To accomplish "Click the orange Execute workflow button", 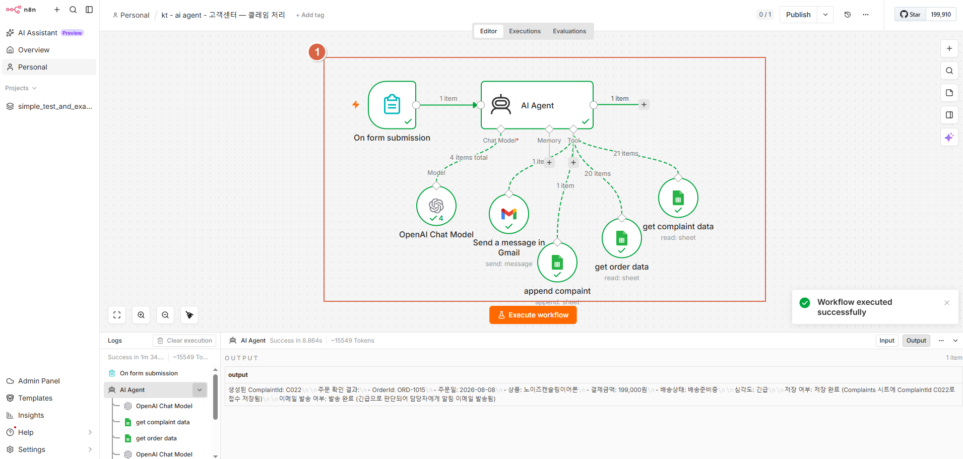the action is point(533,315).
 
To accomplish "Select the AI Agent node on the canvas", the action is point(537,105).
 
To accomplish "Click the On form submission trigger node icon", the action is point(392,105).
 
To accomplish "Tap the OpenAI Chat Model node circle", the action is point(436,206).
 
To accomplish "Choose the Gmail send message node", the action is point(509,214).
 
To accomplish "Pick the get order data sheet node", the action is point(622,238).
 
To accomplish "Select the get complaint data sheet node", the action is point(678,198).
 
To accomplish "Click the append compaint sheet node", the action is point(557,263).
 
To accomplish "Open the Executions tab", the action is point(525,31).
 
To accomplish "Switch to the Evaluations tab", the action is point(569,31).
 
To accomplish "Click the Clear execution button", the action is point(184,341).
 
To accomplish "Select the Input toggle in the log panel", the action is point(887,341).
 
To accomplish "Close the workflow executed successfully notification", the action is point(947,303).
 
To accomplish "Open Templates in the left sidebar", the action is point(35,398).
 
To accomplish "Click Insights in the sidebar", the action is point(31,415).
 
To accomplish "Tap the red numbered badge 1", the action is point(317,52).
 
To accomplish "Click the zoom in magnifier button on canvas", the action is point(141,315).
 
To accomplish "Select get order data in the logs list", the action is point(156,438).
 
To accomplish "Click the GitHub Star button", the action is point(911,15).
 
